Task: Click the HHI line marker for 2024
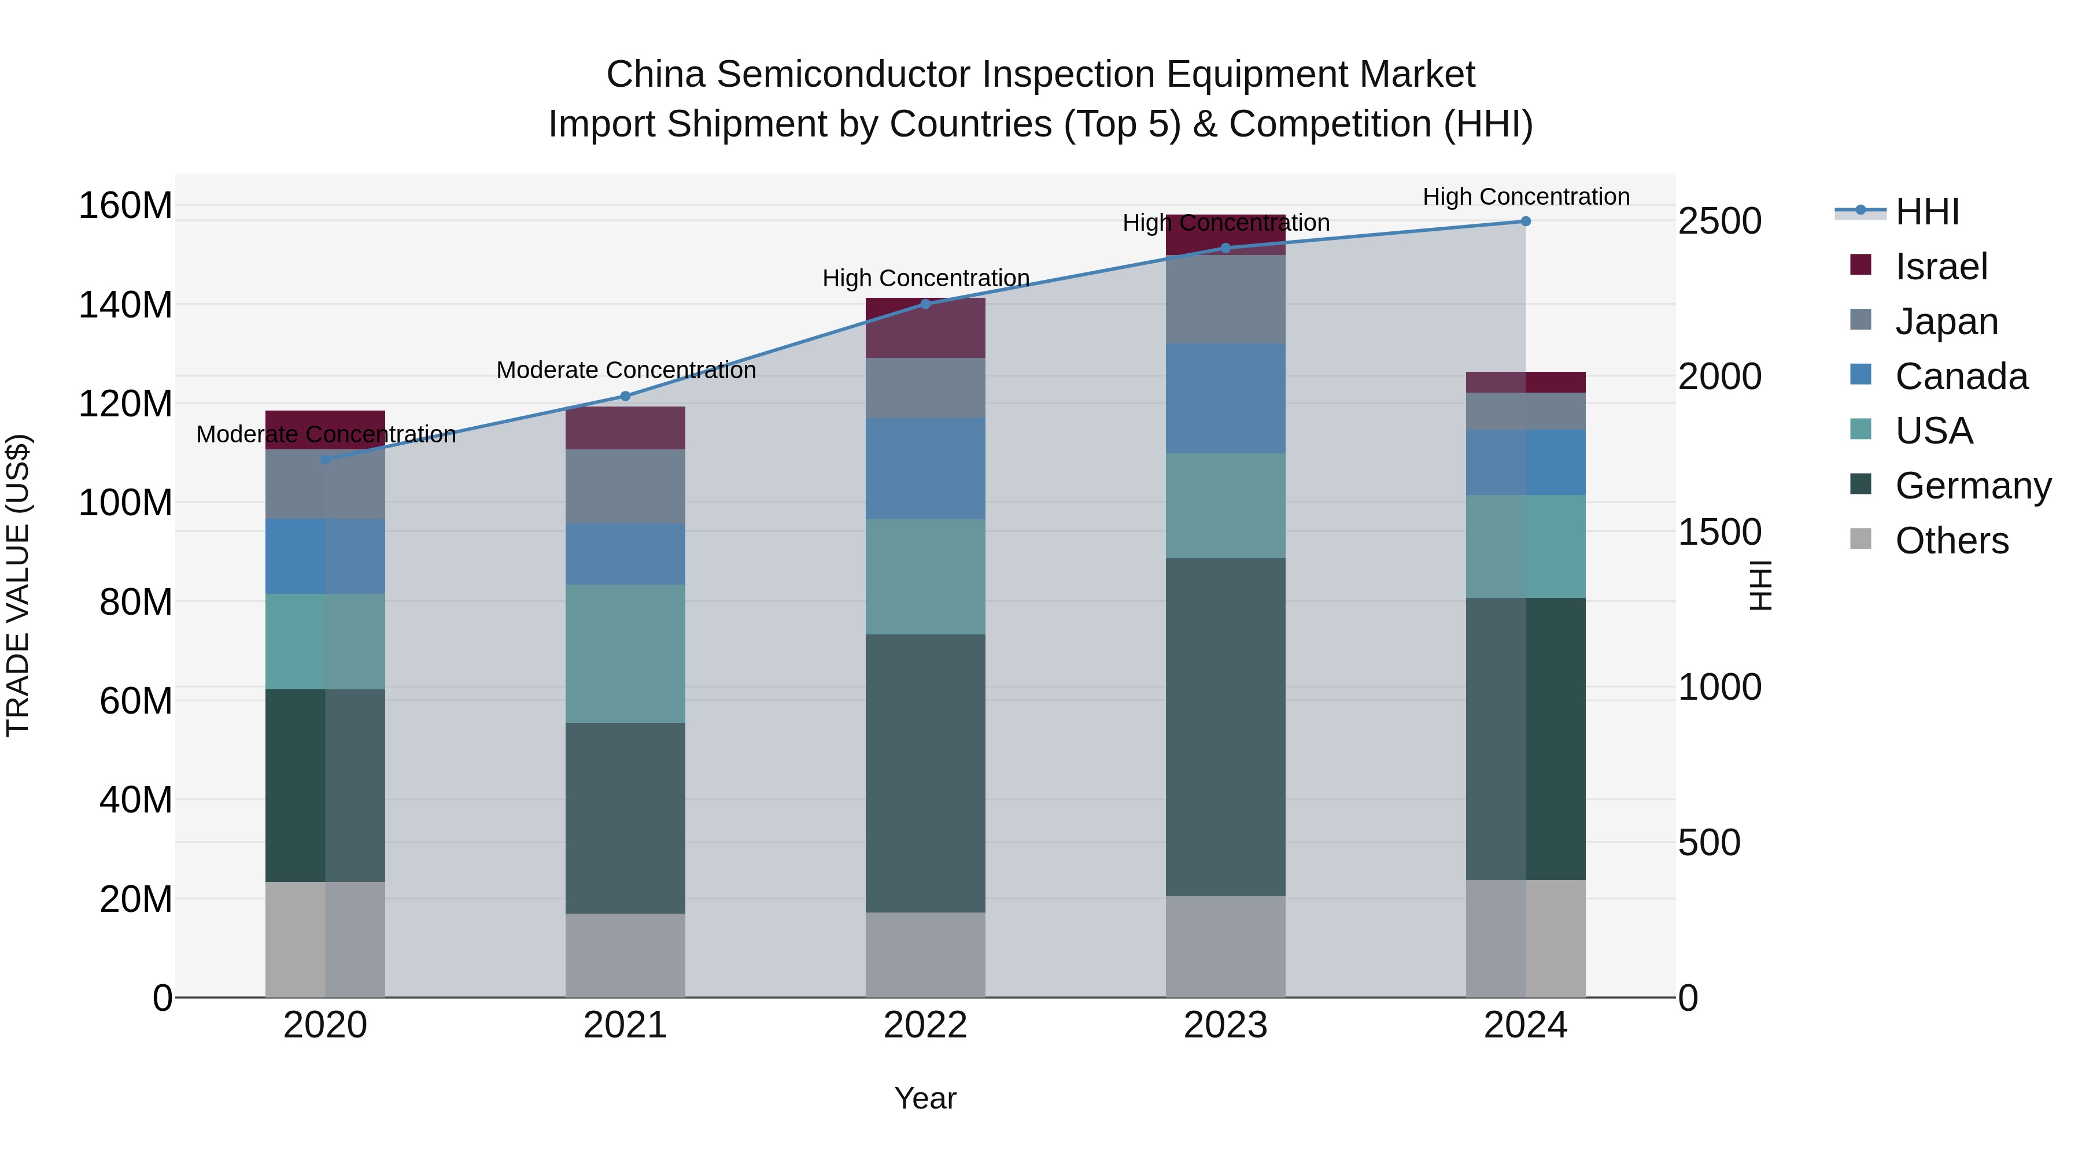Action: (x=1525, y=221)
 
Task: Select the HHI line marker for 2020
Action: (x=326, y=460)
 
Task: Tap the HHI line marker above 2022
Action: (x=925, y=304)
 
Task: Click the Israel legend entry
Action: (x=1940, y=267)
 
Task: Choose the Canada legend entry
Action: (x=1961, y=376)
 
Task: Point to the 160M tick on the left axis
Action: (x=125, y=205)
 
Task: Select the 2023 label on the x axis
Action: (x=1225, y=1025)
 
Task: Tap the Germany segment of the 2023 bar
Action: (x=1225, y=727)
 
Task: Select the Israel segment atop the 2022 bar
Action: (x=925, y=328)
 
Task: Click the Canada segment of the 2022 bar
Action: (x=925, y=469)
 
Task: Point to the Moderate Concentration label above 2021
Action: (x=626, y=370)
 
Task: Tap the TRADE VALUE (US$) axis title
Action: (x=18, y=585)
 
